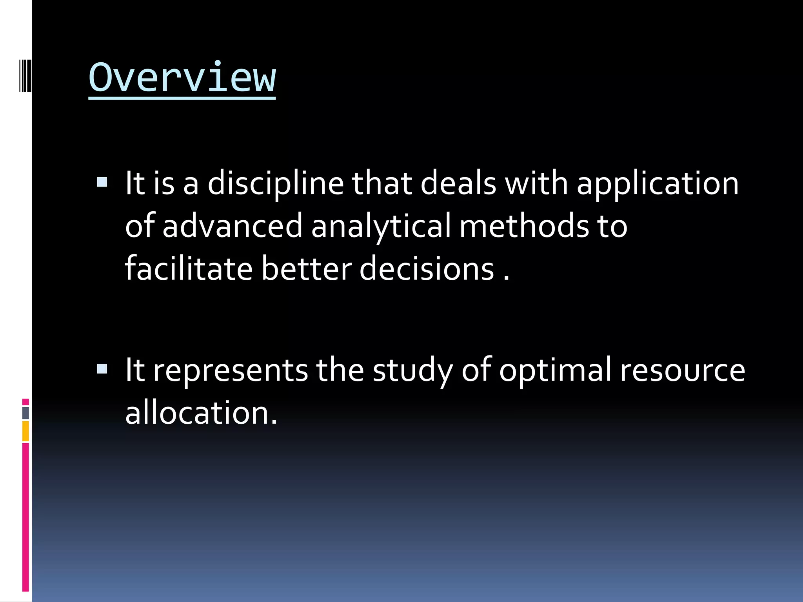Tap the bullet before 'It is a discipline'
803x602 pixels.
[102, 182]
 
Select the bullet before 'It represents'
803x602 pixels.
[102, 369]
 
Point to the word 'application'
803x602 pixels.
[658, 184]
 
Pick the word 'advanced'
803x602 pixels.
[232, 226]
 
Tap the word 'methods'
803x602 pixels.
[524, 226]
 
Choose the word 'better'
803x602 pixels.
[307, 269]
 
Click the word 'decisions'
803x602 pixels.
[427, 269]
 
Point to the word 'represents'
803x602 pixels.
[231, 371]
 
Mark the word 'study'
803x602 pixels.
[412, 371]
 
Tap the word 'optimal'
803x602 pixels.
[555, 371]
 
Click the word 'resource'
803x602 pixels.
[682, 371]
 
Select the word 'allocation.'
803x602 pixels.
[201, 413]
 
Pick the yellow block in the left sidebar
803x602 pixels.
[25, 431]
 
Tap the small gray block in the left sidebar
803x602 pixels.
[25, 413]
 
